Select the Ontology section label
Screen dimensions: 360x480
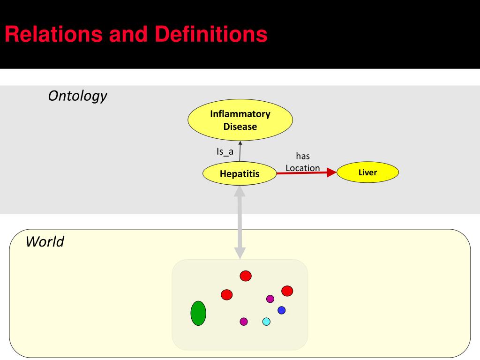point(77,96)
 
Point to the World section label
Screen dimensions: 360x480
point(45,242)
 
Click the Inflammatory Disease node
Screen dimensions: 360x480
point(240,120)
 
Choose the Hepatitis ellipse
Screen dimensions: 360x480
point(240,174)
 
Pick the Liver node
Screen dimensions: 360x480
point(367,172)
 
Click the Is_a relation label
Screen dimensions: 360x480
point(225,151)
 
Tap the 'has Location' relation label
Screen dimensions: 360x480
point(303,162)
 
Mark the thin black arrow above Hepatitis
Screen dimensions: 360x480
point(240,151)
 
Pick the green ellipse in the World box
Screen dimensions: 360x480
point(198,313)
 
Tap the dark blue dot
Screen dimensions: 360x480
point(281,310)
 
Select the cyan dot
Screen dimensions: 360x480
point(266,322)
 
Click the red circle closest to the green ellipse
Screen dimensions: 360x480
point(226,294)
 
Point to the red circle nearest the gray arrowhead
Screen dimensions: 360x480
point(246,276)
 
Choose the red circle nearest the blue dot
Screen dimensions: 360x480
point(287,291)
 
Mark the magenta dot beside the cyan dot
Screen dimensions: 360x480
point(244,322)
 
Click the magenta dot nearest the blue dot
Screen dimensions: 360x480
point(270,299)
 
